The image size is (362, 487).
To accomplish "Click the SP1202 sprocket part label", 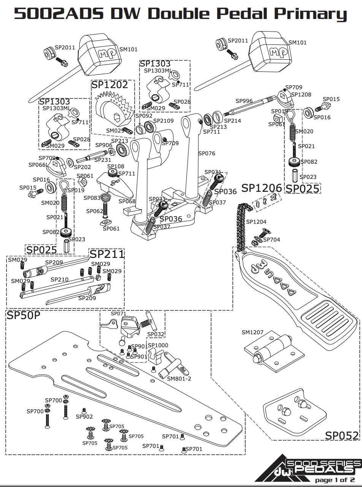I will click(110, 85).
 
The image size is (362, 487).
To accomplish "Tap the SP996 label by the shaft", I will click(244, 101).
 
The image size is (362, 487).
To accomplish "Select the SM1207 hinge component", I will click(274, 351).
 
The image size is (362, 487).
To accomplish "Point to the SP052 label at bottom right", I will click(341, 435).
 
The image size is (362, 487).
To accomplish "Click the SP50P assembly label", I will click(23, 316).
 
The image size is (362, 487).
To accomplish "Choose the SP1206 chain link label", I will click(262, 188).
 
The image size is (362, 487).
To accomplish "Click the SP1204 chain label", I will click(256, 222).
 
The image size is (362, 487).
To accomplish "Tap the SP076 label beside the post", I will click(206, 153).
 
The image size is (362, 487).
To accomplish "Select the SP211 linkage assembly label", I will click(106, 254).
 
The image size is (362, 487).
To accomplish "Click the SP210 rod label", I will click(59, 280).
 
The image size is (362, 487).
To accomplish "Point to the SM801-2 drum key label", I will click(179, 379).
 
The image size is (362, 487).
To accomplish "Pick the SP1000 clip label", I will click(157, 345).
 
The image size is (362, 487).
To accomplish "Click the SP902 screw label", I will click(84, 417).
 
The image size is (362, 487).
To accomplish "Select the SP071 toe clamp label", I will click(118, 314).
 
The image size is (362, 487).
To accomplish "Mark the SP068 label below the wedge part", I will click(127, 201).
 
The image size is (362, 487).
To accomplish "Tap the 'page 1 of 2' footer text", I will click(334, 480).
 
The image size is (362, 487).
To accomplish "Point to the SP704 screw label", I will click(271, 240).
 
